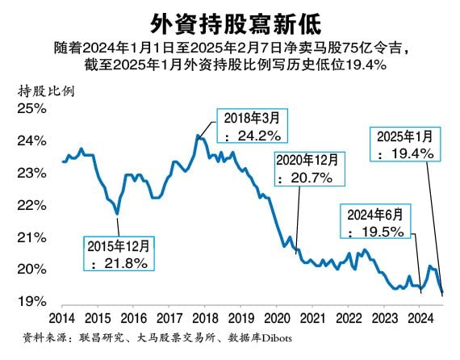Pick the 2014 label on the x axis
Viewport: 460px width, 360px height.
(x=62, y=318)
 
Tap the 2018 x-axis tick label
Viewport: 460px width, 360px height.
(x=205, y=318)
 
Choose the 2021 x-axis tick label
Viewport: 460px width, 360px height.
(x=312, y=318)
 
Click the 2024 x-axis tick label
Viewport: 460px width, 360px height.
(x=420, y=318)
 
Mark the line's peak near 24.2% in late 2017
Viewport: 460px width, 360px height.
(x=199, y=136)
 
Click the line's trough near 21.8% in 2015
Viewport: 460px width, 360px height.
(x=118, y=213)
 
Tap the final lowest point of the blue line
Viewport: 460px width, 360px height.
(x=441, y=295)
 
